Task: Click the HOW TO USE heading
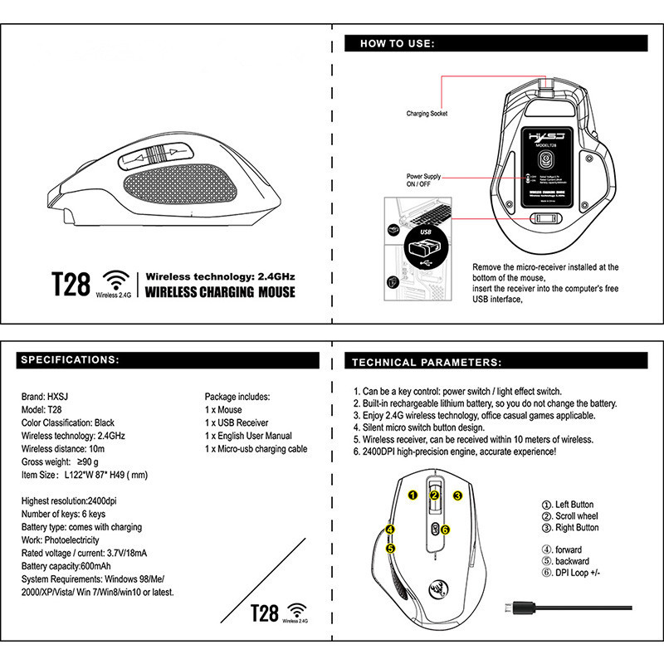coord(398,43)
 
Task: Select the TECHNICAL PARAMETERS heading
coord(427,362)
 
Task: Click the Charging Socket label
coord(427,113)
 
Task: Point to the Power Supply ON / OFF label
coord(424,182)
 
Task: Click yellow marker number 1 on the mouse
coord(413,495)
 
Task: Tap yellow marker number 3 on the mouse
coord(457,495)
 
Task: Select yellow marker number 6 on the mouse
coord(445,529)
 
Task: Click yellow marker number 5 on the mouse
coord(390,548)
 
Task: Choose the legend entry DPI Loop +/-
coord(574,573)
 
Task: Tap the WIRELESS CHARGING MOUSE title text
coord(220,292)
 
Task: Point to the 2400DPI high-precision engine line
coord(454,452)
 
